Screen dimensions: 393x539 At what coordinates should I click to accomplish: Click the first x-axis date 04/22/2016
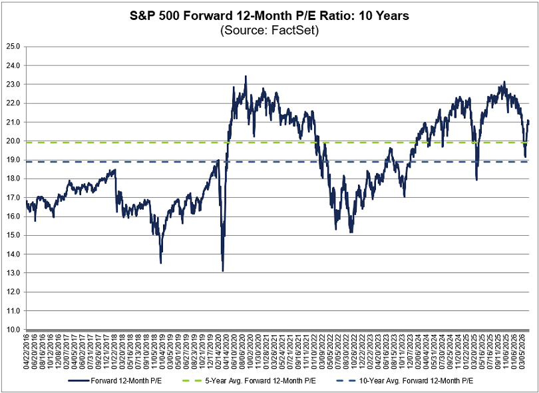tap(27, 353)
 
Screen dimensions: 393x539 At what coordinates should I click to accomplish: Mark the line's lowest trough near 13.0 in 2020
tap(222, 270)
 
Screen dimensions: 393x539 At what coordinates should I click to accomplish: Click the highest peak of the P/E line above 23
tap(246, 77)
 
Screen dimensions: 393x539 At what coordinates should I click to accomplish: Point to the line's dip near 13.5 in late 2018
tap(160, 262)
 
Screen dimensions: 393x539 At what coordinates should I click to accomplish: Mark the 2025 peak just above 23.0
tap(504, 82)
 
